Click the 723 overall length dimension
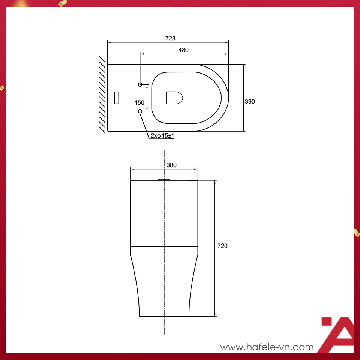coord(170,38)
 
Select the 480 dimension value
coord(183,50)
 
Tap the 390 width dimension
coord(250,101)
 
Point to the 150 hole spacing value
coord(139,102)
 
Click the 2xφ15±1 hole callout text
coord(162,136)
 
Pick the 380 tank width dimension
coord(171,165)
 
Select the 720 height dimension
coord(222,246)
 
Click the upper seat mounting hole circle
coord(140,84)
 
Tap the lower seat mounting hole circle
coord(140,111)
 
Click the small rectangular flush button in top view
coord(116,97)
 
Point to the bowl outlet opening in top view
coord(174,97)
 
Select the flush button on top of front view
coord(164,180)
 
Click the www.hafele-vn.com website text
coord(267,347)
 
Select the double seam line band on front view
coord(164,246)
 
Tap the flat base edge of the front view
coord(164,316)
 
